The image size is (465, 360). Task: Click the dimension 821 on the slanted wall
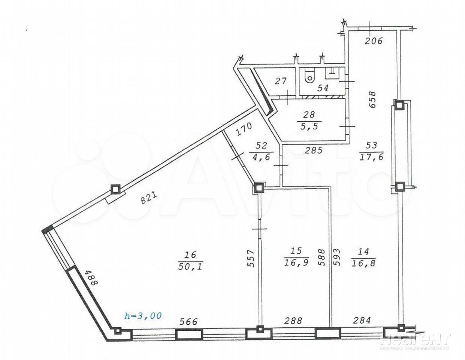(149, 198)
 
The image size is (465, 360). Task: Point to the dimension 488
(91, 277)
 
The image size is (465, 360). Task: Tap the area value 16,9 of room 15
(296, 262)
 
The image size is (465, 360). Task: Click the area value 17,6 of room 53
(371, 157)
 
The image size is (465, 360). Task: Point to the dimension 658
(372, 99)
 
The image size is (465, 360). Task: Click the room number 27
(281, 81)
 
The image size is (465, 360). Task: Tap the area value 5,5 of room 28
(309, 126)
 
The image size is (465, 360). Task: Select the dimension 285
(314, 150)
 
